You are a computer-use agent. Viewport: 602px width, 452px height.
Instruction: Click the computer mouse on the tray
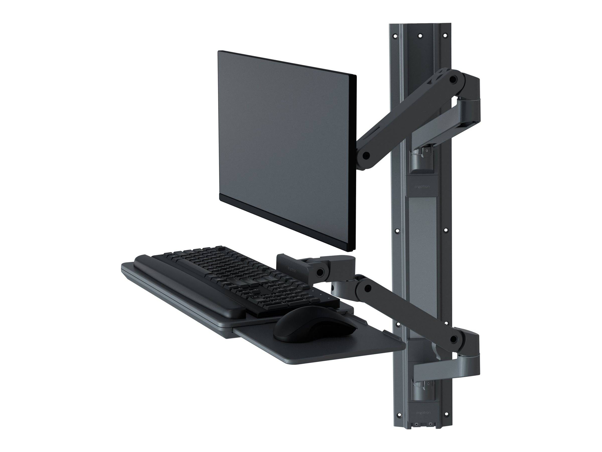(315, 324)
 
